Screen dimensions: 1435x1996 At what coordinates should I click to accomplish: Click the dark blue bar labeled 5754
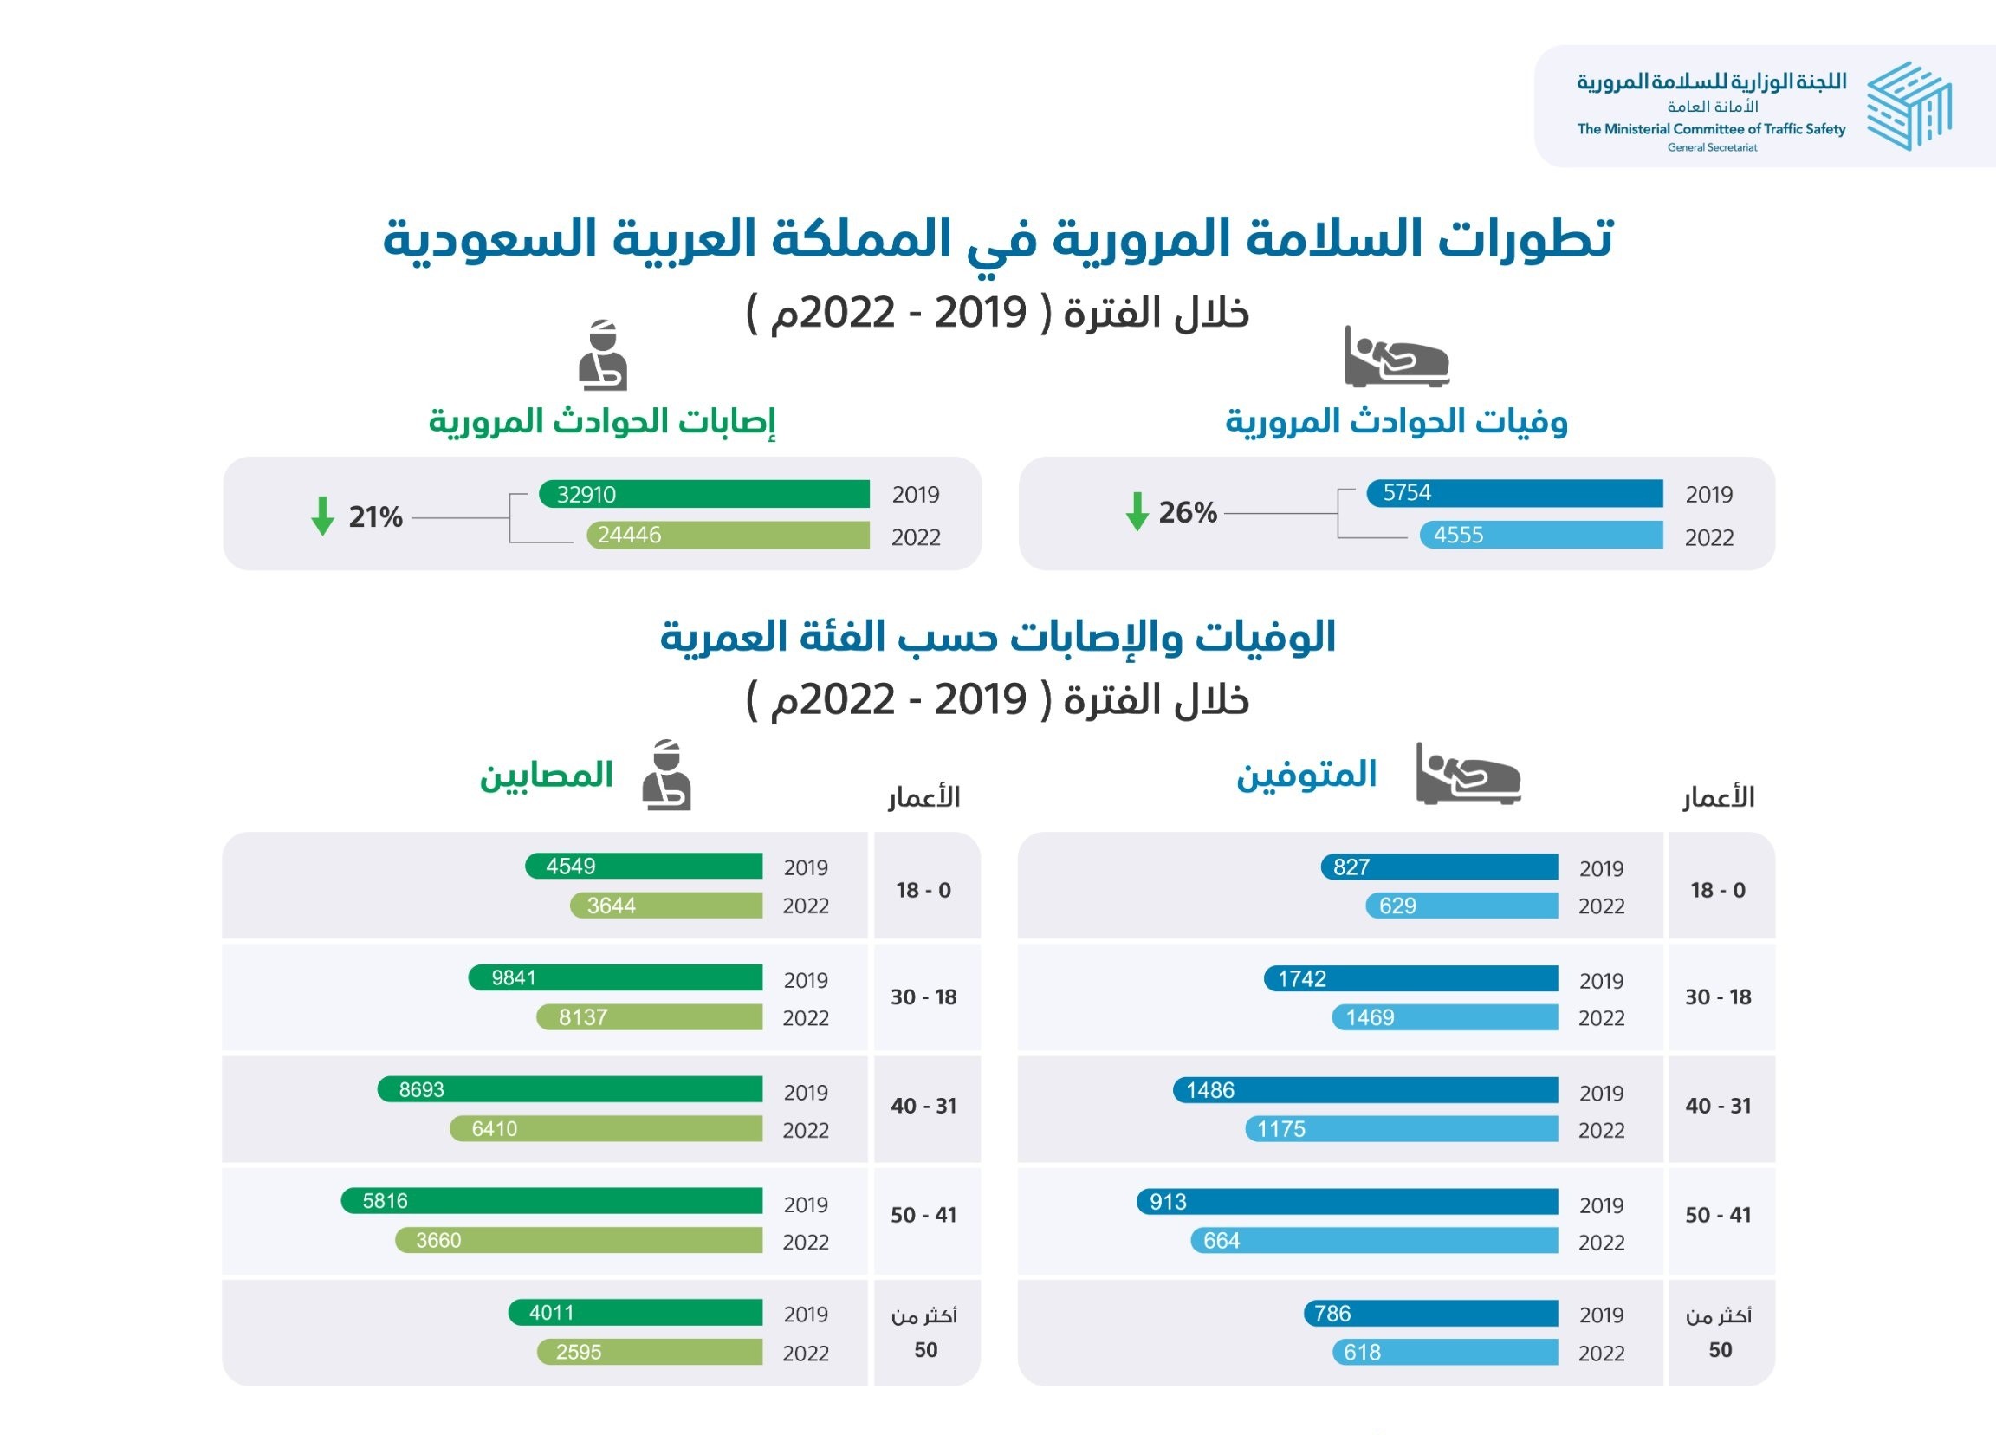1513,493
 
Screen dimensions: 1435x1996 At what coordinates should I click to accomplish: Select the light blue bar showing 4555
1540,535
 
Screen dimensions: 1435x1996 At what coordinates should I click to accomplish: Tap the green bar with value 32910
704,494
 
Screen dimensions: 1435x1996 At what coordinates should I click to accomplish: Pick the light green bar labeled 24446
728,535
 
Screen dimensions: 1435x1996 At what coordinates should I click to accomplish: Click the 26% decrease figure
1187,512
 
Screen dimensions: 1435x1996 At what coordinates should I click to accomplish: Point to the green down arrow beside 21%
323,516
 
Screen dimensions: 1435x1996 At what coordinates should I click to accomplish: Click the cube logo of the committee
1908,107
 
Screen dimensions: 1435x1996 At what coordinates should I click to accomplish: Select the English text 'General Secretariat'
1712,148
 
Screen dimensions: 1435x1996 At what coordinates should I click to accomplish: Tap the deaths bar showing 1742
1410,978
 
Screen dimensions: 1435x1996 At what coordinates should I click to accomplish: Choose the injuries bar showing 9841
615,977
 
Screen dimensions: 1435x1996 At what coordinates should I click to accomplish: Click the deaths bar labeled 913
1346,1202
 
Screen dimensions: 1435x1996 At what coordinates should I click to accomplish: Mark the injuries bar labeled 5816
552,1201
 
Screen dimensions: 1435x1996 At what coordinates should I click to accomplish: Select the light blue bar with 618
1444,1353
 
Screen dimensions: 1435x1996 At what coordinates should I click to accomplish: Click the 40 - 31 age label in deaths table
1718,1106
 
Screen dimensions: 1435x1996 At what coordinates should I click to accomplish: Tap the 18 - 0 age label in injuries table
923,890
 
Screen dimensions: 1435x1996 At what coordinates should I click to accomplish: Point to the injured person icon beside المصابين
666,776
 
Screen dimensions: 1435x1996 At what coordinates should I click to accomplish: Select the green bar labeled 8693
569,1089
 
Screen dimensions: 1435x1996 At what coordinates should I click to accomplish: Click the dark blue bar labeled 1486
1365,1090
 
